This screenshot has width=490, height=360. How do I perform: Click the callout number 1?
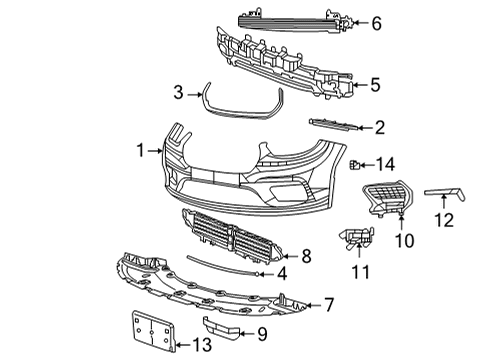click(141, 150)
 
